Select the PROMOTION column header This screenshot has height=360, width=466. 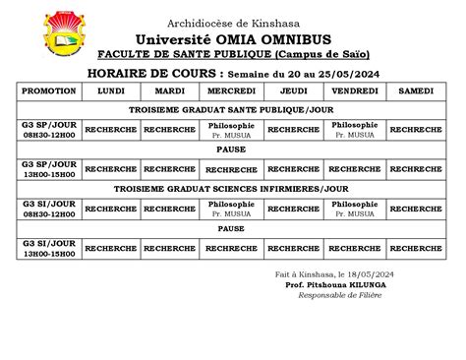48,90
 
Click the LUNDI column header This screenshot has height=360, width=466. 111,90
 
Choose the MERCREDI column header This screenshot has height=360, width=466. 231,90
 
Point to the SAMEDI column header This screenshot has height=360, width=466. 416,90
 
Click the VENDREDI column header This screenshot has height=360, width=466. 355,90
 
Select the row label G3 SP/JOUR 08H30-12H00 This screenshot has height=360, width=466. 48,129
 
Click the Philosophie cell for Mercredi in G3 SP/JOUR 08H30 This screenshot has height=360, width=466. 231,129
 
